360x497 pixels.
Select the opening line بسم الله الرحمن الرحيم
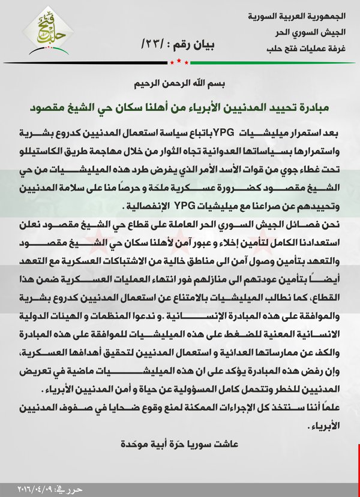click(179, 85)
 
